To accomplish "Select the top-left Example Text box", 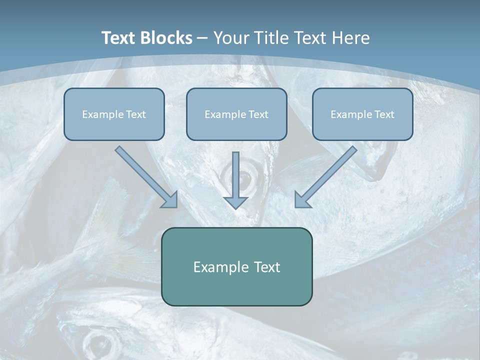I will [114, 114].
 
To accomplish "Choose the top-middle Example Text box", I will [236, 114].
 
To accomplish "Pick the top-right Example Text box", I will [362, 114].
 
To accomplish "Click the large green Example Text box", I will [236, 266].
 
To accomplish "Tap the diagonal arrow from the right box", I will [328, 174].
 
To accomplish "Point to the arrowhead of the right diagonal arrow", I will [301, 199].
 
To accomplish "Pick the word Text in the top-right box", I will [384, 114].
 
